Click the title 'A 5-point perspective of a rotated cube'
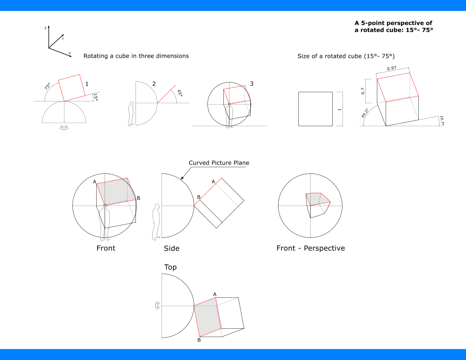pos(394,26)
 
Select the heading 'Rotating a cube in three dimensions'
pos(136,56)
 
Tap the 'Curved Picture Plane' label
pos(219,163)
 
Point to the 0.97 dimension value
pos(391,68)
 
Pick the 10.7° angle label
pos(442,121)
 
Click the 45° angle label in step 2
pos(180,94)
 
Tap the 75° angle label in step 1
pos(47,86)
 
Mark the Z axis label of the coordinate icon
pos(45,28)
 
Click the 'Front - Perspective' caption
pos(310,248)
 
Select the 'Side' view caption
pos(172,249)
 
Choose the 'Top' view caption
pos(170,267)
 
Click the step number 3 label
pos(251,84)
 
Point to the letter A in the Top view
pos(215,294)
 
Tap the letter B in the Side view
pos(199,197)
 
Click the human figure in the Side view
pos(156,222)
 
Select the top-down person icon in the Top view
pos(157,305)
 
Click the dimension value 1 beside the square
pos(339,109)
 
